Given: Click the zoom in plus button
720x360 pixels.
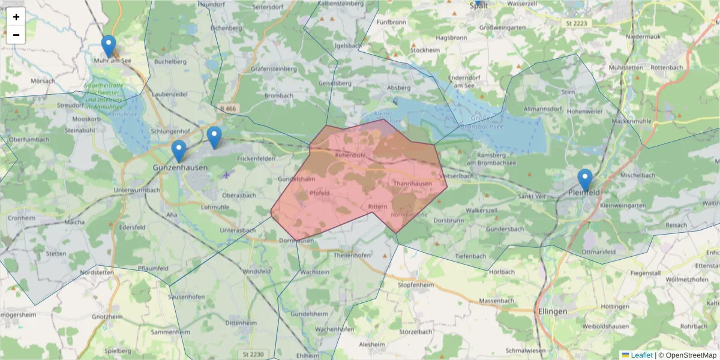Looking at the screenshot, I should [16, 17].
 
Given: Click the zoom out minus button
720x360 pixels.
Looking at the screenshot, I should [16, 35].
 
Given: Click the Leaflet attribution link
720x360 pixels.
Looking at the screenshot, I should [641, 355].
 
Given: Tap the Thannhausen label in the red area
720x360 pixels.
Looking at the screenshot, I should [413, 184].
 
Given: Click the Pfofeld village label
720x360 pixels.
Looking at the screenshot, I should [320, 193].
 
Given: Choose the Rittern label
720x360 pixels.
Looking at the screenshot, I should [377, 206].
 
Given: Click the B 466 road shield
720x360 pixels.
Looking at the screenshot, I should [228, 108].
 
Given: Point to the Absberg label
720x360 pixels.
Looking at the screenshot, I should [399, 88].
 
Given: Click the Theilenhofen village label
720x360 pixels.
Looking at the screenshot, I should [352, 255].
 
